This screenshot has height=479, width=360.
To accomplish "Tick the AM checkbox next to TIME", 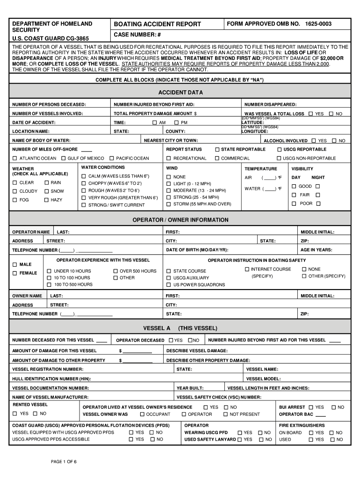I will tap(155, 123).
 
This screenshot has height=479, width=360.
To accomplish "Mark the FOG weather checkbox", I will tap(15, 200).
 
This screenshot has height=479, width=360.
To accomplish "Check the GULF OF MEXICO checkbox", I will tap(63, 159).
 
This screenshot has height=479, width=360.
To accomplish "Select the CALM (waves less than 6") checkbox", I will tap(84, 176).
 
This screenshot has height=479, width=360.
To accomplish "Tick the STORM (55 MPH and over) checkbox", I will tap(169, 204).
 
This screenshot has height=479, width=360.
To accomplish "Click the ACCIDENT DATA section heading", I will tap(180, 93).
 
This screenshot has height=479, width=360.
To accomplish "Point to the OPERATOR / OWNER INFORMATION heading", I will tap(180, 220).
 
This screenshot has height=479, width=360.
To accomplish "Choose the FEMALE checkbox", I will tap(15, 273).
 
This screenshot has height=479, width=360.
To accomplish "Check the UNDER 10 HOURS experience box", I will tap(49, 271).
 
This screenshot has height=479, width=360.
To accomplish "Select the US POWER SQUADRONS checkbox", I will tap(169, 284).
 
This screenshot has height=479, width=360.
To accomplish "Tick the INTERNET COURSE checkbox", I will tap(247, 269).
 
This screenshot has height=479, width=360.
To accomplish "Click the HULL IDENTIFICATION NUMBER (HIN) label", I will tap(51, 379).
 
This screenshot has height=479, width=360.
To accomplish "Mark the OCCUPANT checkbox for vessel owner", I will tap(142, 414).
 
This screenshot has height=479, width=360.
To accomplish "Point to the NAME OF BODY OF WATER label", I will tap(41, 140).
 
